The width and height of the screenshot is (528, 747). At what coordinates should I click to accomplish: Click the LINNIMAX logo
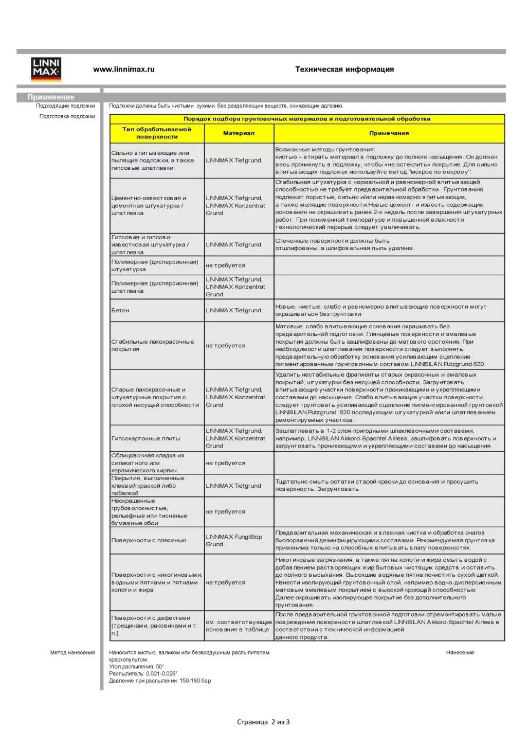pos(46,69)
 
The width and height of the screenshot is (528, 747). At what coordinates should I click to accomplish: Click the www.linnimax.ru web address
pos(123,69)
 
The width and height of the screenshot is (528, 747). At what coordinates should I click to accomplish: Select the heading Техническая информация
pos(344,69)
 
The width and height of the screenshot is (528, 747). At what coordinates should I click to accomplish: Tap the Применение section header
pos(51,97)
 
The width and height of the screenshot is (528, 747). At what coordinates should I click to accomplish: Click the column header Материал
pos(239,133)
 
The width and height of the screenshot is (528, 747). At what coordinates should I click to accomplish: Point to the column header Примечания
pos(389,133)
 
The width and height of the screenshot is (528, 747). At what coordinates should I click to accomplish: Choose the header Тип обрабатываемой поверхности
pos(157,133)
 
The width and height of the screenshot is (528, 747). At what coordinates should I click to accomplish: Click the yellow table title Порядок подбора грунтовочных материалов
pos(307,119)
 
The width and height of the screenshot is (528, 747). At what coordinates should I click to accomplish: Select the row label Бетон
pos(120,311)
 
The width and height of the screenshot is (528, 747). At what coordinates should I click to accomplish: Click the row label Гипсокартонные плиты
pos(145,439)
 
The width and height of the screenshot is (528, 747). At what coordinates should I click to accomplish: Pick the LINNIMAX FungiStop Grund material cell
pos(234,541)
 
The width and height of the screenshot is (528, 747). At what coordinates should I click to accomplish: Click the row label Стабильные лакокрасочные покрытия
pos(153,346)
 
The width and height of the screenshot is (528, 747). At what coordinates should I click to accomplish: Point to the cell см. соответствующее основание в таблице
pos(239,626)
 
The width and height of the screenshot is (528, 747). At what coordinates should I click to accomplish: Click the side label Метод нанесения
pos(72,653)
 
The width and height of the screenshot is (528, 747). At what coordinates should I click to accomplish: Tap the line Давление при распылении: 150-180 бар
pos(160,681)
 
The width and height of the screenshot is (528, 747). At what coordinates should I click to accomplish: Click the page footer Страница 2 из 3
pos(263,722)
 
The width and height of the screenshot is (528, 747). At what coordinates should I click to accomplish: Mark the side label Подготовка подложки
pos(67,116)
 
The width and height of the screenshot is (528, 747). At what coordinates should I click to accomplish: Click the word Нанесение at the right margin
pos(460,653)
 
